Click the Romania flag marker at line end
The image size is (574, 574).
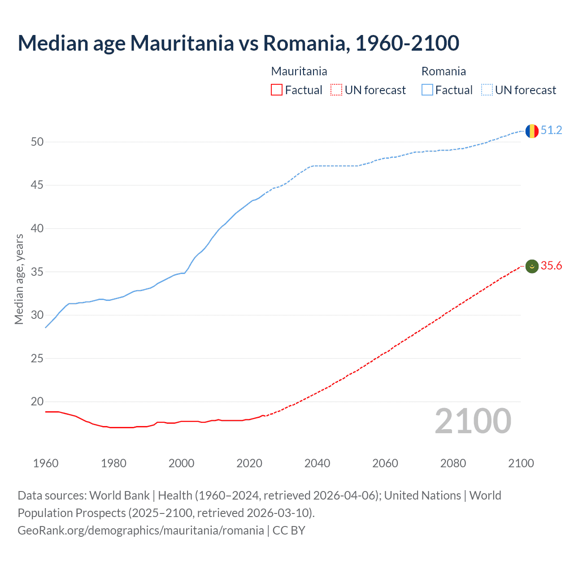click(x=532, y=131)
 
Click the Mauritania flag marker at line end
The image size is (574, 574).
click(x=532, y=266)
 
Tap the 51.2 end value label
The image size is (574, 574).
click(x=551, y=130)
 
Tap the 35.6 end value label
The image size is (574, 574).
click(x=551, y=265)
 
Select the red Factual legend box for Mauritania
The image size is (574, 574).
click(x=277, y=90)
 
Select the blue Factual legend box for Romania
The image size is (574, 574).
click(x=427, y=90)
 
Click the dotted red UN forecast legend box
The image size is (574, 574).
click(x=336, y=90)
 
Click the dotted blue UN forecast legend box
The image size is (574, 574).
click(x=487, y=90)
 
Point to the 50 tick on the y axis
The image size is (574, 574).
click(x=37, y=142)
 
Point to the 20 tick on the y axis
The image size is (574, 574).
click(x=37, y=401)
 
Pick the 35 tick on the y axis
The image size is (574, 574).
click(x=37, y=272)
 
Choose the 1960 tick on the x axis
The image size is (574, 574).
click(x=46, y=463)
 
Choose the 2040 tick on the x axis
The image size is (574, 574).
click(x=317, y=463)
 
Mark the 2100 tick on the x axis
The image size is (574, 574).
click(x=521, y=463)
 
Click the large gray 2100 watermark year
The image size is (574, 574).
click(x=473, y=421)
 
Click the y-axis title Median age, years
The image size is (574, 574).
click(x=19, y=279)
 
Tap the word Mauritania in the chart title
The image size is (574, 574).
click(x=182, y=43)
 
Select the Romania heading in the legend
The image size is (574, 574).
click(x=444, y=71)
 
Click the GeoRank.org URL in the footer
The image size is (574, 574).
click(x=141, y=531)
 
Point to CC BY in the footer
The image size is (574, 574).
click(x=289, y=531)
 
